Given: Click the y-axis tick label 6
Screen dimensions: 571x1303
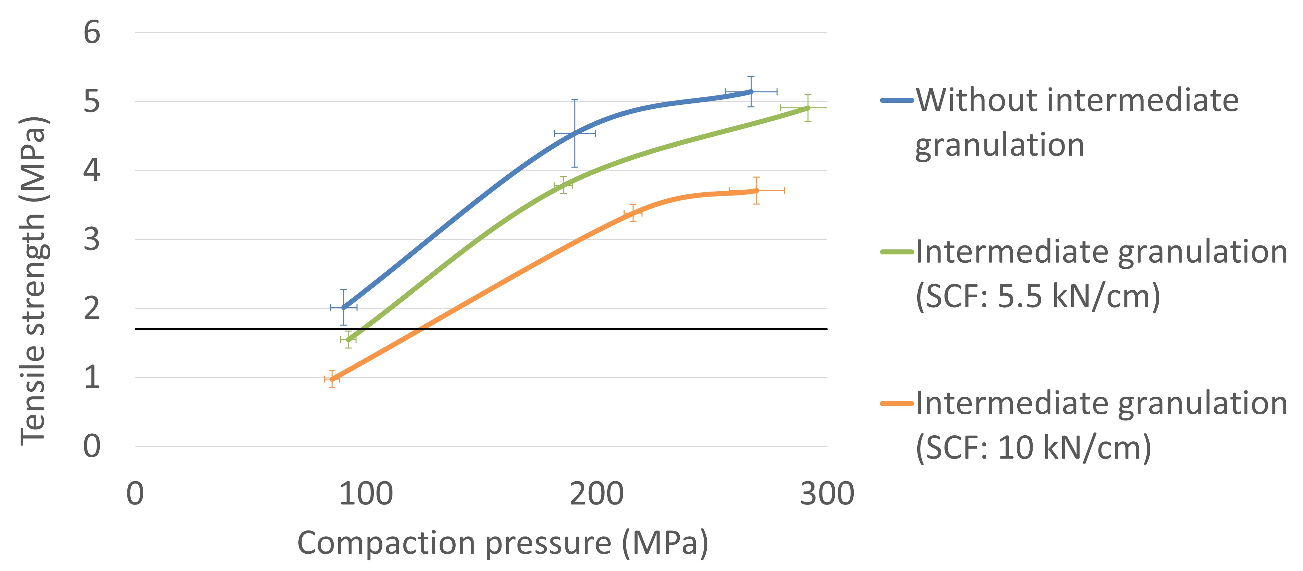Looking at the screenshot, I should click(x=92, y=33).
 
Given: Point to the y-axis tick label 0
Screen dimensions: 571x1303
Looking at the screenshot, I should click(x=92, y=447).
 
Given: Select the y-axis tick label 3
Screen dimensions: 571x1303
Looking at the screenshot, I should click(x=92, y=240).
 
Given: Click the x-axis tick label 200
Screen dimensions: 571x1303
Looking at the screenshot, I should click(x=596, y=494).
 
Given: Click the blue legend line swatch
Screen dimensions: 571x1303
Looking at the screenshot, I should click(x=897, y=100).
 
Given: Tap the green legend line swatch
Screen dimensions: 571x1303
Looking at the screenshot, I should click(x=897, y=252).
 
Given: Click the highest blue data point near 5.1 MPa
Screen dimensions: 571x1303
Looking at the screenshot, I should click(x=751, y=91).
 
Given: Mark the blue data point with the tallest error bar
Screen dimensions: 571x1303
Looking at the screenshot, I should click(x=575, y=133).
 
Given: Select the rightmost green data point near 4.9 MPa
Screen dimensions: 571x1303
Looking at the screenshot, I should click(x=808, y=108).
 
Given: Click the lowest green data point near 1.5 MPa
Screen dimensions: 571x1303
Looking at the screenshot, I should click(x=348, y=339).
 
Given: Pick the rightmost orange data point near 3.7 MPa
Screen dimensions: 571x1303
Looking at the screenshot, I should click(x=756, y=191).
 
